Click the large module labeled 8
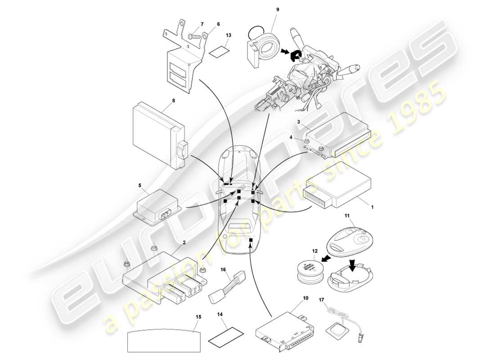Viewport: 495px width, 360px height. pyautogui.click(x=155, y=133)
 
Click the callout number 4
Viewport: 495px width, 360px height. pyautogui.click(x=303, y=138)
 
